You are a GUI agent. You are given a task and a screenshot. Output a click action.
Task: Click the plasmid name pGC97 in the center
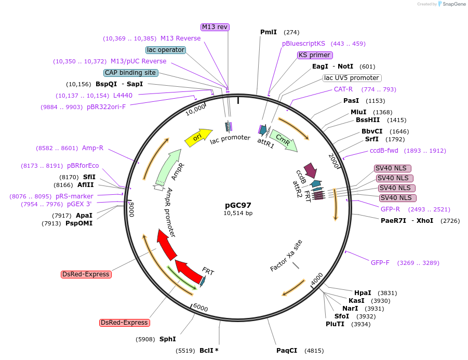coord(238,205)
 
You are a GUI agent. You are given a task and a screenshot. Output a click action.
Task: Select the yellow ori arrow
coord(198,137)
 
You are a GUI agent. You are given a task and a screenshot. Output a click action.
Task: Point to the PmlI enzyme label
coord(269,32)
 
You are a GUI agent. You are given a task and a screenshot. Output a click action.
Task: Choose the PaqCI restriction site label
coord(287,351)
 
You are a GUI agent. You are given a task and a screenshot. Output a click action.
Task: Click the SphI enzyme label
coord(167,339)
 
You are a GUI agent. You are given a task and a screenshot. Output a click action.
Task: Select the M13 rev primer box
coord(215,27)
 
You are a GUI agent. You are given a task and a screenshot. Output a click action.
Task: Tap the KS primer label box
coord(315,55)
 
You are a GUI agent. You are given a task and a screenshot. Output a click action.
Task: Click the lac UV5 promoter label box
coord(352,78)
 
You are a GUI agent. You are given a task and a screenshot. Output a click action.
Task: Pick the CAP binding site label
coord(130,73)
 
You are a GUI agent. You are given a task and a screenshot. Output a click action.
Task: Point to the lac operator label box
coord(166,50)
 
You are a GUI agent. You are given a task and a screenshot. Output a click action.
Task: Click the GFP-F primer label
coord(380,263)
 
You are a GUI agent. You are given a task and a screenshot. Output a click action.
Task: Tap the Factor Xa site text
coord(286,255)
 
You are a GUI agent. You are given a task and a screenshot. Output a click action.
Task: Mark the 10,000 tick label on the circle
coord(196,109)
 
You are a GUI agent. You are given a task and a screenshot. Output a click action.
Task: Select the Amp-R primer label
coord(92,148)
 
